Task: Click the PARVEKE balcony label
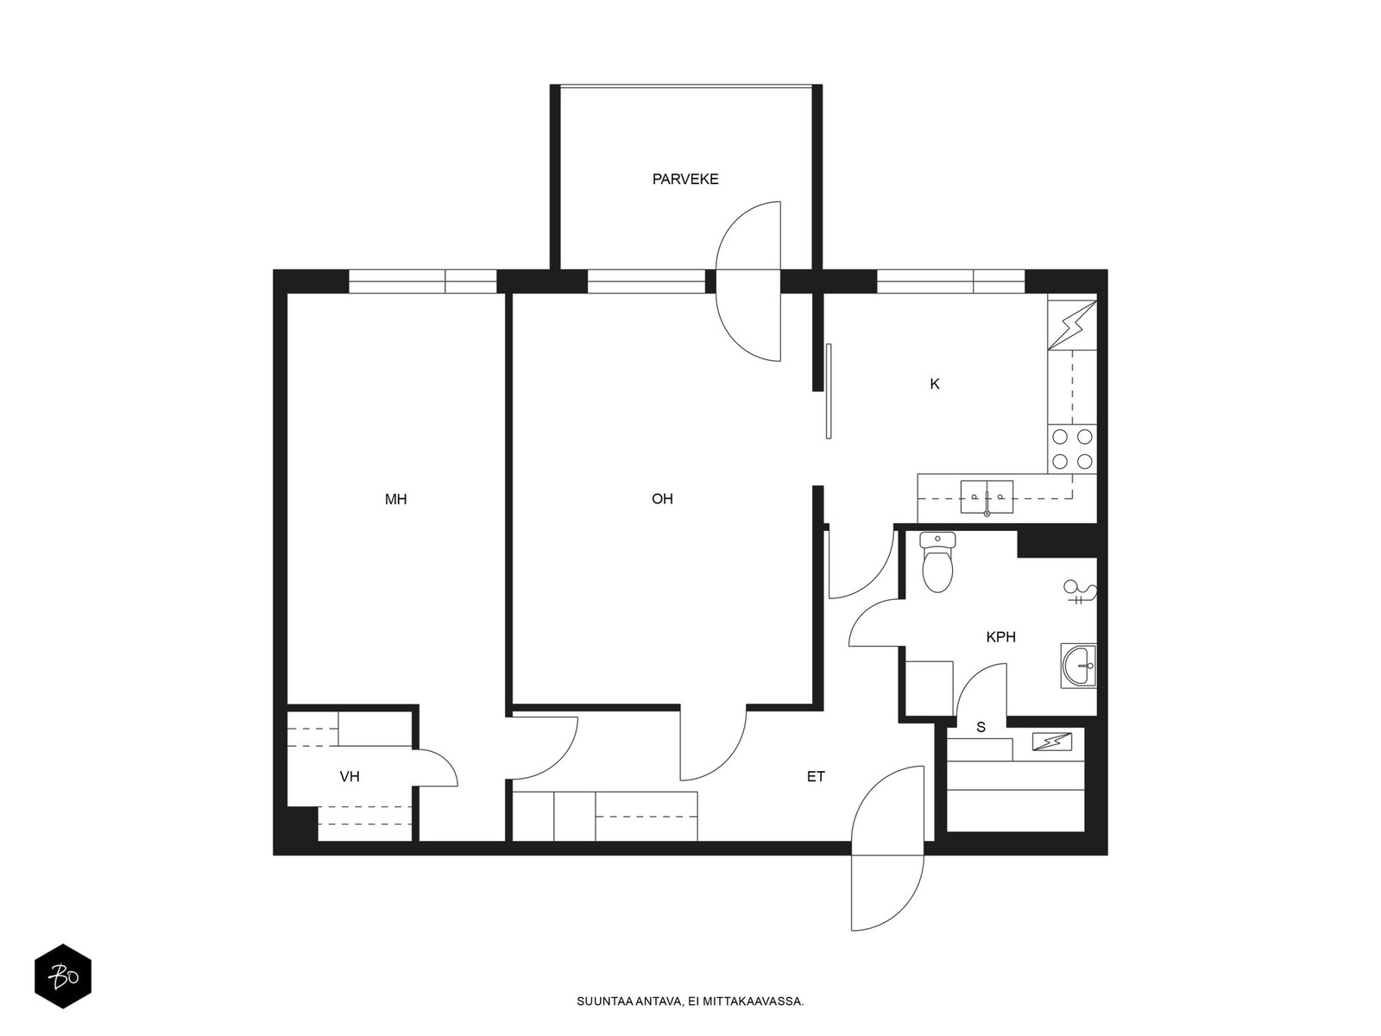(684, 180)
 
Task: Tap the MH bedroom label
(395, 500)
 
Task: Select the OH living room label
(662, 499)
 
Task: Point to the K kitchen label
(934, 383)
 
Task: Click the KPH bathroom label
(1000, 637)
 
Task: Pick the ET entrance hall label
(816, 777)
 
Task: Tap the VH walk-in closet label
(350, 777)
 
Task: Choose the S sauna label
(981, 727)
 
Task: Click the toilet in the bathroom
(937, 562)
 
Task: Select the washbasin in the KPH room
(1078, 666)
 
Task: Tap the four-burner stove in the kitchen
(1072, 449)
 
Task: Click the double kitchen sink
(987, 497)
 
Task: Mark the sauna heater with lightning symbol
(1051, 742)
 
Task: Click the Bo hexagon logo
(63, 976)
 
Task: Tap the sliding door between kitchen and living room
(829, 391)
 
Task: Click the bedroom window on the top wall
(423, 281)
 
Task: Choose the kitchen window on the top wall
(950, 281)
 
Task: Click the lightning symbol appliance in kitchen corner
(1072, 325)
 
